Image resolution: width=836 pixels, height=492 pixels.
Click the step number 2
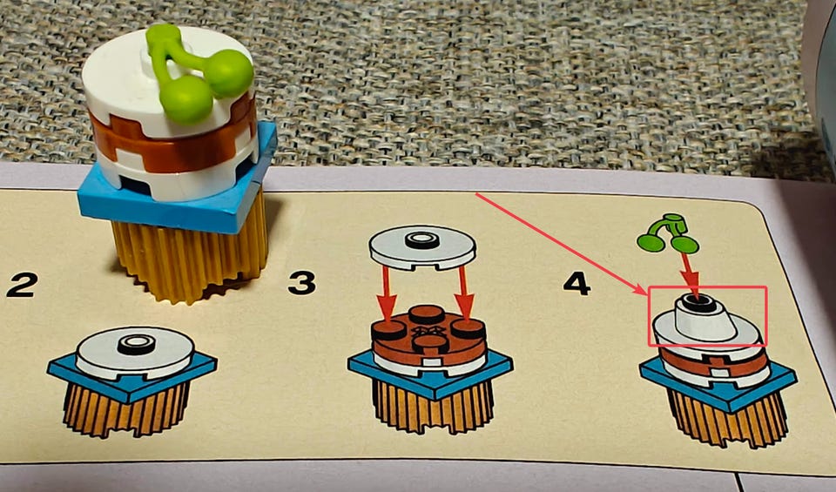pos(22,285)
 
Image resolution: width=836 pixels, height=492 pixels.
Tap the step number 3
pos(302,282)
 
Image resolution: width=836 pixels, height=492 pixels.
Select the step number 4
pos(576,283)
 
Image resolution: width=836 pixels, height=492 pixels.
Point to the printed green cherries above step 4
pos(668,233)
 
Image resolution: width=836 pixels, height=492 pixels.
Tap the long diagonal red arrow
pos(561,244)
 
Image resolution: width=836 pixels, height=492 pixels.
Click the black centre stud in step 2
pos(137,344)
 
